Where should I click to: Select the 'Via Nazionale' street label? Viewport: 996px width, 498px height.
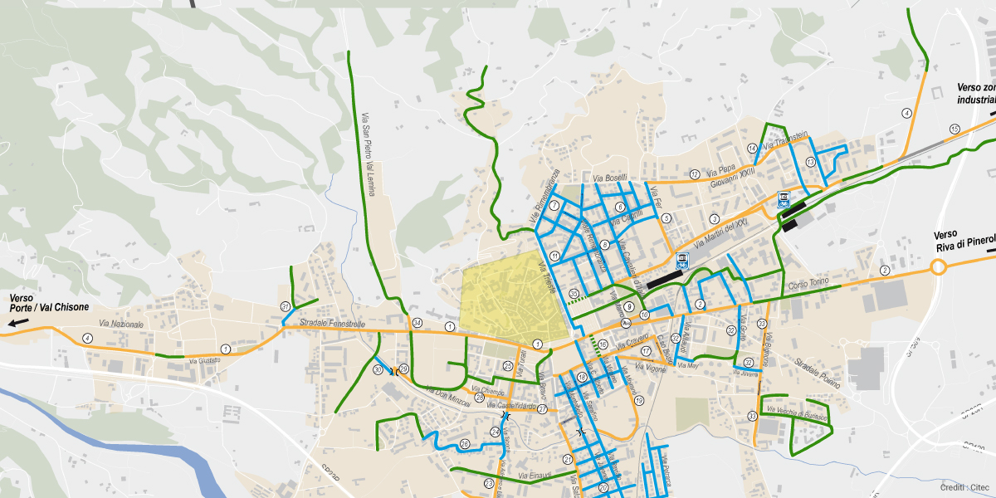coord(121,324)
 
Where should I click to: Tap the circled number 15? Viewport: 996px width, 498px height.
coord(955,129)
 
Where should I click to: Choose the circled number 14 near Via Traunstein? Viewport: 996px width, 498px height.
coord(752,149)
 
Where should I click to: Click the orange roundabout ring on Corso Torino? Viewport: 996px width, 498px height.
coord(939,267)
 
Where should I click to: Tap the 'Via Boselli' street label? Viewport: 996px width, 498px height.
coord(610,178)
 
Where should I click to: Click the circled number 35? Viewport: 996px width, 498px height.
coord(574,293)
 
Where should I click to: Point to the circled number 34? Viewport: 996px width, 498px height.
coord(417,323)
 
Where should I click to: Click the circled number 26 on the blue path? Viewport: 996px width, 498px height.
coord(465,445)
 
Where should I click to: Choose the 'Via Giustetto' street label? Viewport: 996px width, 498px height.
coord(205,361)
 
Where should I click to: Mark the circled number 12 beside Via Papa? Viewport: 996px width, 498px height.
coord(694,174)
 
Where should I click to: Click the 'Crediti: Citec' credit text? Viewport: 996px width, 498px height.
coord(964,486)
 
